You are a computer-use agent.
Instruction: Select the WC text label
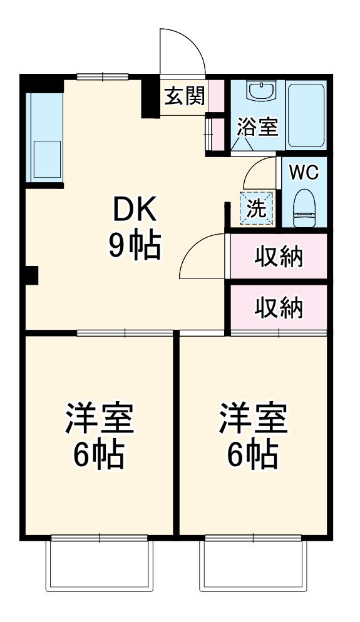click(304, 173)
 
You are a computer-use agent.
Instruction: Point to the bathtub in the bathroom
click(306, 114)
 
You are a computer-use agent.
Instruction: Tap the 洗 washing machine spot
click(257, 209)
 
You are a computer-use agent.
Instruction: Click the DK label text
click(135, 211)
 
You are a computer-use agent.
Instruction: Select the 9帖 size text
click(135, 247)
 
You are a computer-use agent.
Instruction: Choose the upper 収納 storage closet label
click(279, 257)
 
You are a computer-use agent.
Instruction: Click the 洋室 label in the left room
click(100, 419)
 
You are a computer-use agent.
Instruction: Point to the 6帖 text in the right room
click(253, 456)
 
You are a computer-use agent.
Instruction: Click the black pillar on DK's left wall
click(31, 275)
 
